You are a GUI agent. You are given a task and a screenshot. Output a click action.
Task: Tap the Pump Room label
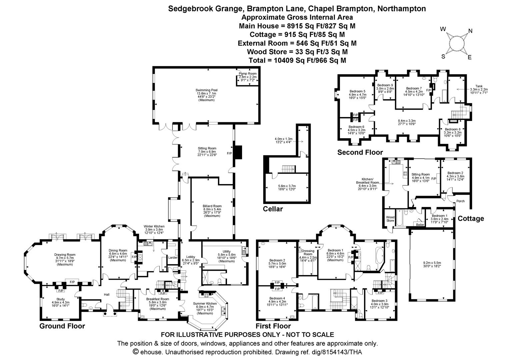coord(248,73)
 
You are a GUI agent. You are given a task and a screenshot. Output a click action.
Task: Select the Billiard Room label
coord(212,206)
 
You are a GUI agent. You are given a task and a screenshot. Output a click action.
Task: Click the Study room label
coord(60,299)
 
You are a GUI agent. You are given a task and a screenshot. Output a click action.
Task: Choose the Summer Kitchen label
coord(205,304)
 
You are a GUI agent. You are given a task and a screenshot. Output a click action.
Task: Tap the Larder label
coord(173,257)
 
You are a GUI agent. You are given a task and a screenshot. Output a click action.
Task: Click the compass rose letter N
coord(470,31)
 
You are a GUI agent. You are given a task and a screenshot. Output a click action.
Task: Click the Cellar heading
coord(273,209)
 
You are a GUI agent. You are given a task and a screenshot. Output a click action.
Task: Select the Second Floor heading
coord(360,152)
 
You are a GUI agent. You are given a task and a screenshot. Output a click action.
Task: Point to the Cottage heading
coord(471,219)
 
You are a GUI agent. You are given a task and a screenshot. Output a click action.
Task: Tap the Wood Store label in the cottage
coord(390,219)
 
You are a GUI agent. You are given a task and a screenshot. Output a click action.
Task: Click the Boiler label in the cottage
coord(420,225)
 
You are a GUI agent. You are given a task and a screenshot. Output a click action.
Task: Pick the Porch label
coord(460,201)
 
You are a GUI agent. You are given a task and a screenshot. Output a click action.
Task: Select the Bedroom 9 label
coord(385,85)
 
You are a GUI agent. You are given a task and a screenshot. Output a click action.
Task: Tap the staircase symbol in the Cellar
coord(287,169)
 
